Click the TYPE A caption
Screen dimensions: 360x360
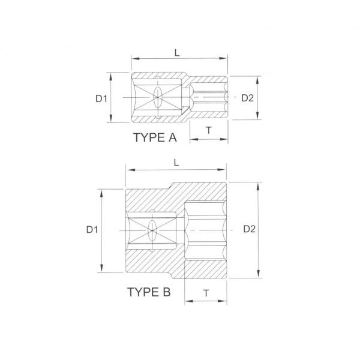click(155, 137)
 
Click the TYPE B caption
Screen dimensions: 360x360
click(149, 292)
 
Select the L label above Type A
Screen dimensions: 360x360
click(177, 53)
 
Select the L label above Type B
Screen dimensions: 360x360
click(176, 163)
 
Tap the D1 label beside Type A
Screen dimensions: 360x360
click(101, 99)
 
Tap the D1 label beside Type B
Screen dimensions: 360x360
click(92, 230)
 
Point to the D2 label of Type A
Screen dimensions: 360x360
click(247, 98)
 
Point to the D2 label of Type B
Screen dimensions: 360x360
click(250, 229)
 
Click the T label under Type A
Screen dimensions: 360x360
click(209, 130)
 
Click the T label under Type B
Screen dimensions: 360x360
click(206, 293)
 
